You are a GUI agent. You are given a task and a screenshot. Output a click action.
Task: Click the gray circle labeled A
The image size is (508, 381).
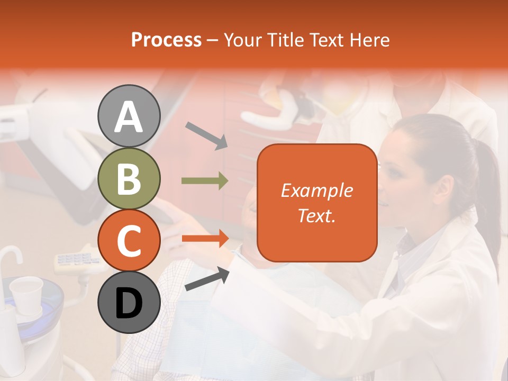[129, 116]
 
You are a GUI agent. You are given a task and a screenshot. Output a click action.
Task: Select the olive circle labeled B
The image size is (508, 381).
[129, 179]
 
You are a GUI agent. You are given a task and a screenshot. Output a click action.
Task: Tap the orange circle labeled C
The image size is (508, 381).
[129, 241]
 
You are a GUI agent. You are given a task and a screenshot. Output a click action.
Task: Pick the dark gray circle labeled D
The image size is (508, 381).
[129, 303]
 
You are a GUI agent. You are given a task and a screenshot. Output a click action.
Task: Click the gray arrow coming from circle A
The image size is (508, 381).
[206, 135]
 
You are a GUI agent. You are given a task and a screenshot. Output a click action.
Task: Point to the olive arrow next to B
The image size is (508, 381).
[205, 181]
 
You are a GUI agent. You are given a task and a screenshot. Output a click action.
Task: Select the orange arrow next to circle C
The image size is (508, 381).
[205, 239]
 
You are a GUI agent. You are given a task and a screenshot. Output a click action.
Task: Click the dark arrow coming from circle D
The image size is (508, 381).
[207, 279]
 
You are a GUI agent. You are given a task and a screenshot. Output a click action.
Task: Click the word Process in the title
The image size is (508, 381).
[166, 40]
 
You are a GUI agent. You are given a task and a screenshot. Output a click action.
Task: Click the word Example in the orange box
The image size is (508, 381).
[316, 190]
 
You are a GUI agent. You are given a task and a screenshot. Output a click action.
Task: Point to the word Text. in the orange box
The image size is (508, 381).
[316, 215]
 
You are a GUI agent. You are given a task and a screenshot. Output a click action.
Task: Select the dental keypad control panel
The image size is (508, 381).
[77, 260]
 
